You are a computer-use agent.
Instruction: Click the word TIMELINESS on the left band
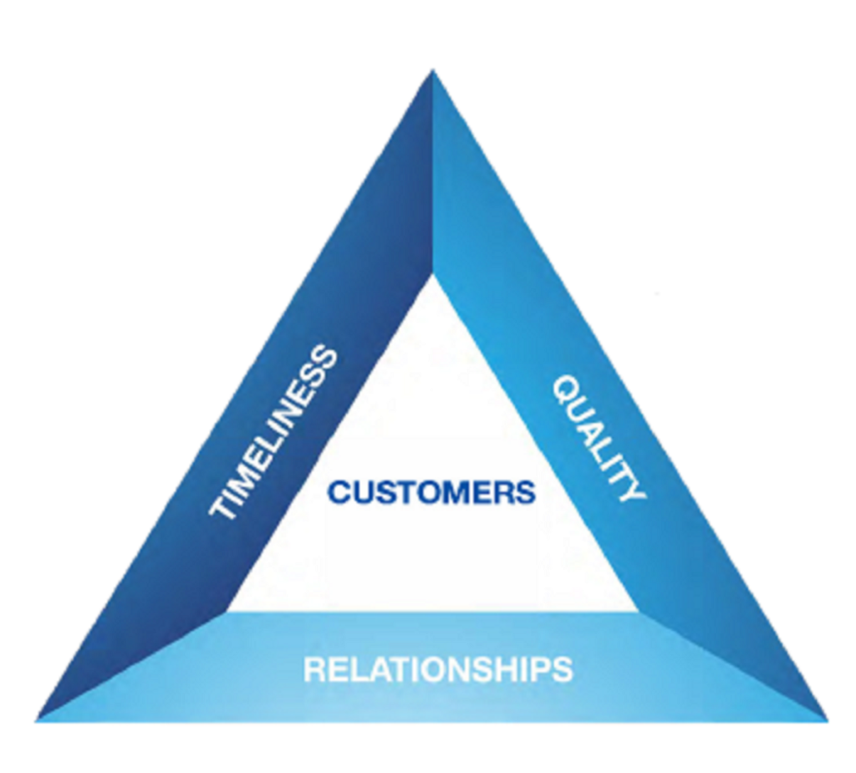274,433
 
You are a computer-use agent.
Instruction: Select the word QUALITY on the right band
599,438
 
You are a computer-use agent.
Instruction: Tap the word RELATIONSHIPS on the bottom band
438,669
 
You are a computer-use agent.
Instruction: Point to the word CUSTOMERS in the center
431,491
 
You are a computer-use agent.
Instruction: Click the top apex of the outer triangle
432,71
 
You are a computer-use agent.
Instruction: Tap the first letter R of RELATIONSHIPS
313,669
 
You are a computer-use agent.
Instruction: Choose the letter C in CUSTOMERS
339,491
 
